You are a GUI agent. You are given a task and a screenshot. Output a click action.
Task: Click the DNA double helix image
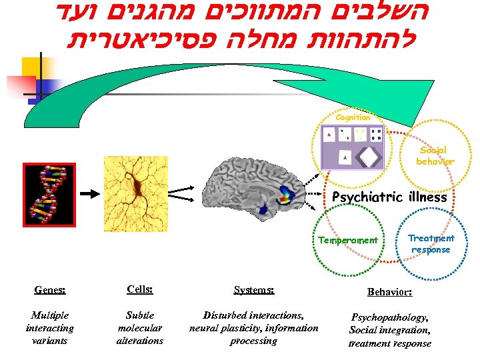click(49, 195)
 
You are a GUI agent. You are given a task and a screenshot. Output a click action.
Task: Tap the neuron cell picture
click(141, 194)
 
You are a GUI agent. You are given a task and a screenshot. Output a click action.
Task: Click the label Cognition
click(353, 117)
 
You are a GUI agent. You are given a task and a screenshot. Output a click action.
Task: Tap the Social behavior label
click(435, 156)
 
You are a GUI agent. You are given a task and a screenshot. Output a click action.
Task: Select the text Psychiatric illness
click(389, 197)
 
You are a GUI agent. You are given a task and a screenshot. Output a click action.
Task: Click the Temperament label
click(347, 240)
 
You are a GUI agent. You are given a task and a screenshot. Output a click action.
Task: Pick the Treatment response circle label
click(431, 244)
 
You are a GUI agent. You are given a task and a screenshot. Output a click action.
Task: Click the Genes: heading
click(50, 290)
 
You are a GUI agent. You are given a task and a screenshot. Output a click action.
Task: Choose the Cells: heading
click(139, 289)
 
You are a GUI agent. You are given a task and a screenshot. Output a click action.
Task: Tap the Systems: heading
click(253, 290)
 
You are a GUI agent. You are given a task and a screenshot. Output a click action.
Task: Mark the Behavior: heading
click(389, 292)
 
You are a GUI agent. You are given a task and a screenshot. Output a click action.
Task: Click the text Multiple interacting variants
click(50, 327)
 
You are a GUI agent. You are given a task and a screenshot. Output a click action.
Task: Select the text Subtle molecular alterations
click(139, 327)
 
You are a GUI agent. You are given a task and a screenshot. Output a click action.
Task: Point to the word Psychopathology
click(389, 318)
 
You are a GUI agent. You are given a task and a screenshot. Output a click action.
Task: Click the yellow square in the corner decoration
click(33, 67)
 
